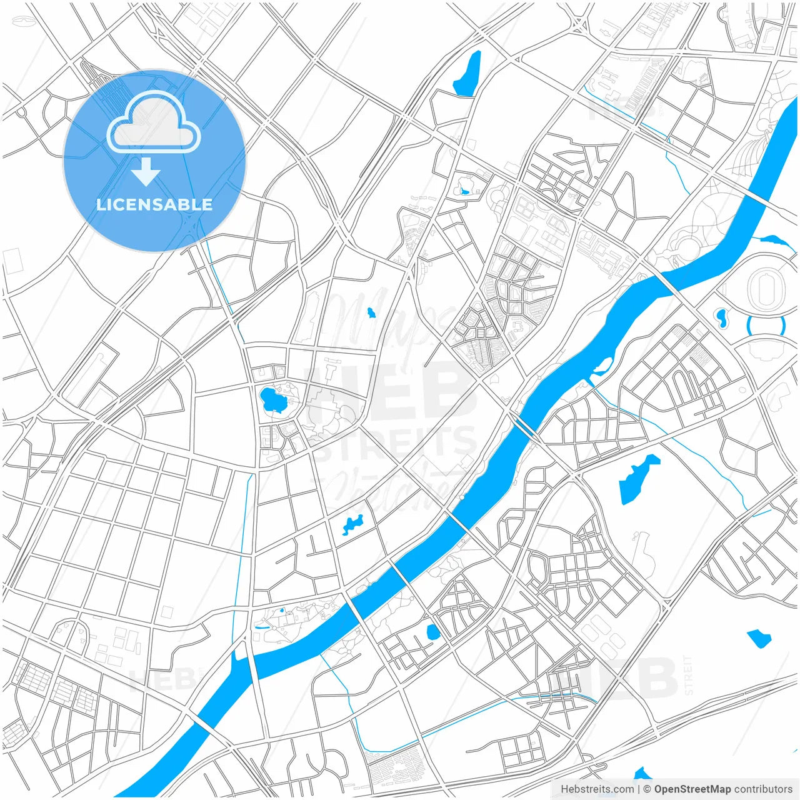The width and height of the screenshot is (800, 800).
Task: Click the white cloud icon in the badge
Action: point(154,122)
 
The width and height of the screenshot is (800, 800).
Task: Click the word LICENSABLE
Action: point(154,204)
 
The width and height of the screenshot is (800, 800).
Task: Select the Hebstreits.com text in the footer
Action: point(597,789)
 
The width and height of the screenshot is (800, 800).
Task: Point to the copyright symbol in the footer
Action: point(647,789)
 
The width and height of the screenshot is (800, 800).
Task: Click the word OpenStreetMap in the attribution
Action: point(692,789)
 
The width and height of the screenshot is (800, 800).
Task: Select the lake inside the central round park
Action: point(271,399)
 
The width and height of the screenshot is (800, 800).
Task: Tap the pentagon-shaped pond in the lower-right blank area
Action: point(759,638)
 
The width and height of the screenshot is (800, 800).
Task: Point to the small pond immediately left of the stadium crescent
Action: point(722,318)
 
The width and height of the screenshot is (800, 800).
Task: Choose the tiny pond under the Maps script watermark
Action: point(371,312)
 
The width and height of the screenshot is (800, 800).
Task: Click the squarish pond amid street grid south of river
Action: point(432,632)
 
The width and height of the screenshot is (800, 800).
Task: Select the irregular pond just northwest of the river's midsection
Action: point(352,524)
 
